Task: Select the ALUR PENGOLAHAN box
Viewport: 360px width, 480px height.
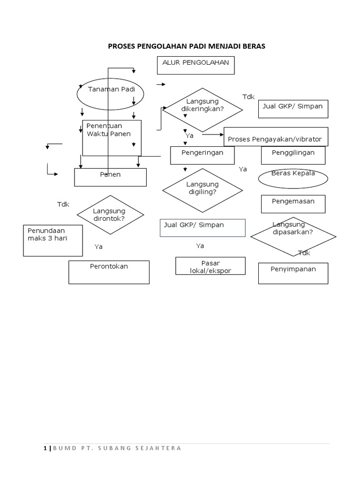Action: [195, 65]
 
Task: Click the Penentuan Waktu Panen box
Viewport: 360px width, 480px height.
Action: [112, 138]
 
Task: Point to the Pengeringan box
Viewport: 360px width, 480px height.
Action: [202, 155]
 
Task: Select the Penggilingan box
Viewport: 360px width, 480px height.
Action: [293, 155]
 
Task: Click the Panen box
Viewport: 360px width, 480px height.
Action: [111, 177]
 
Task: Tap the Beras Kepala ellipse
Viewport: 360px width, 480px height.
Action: [293, 178]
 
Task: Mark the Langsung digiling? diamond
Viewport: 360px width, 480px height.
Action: [202, 190]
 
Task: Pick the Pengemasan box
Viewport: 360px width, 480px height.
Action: [293, 204]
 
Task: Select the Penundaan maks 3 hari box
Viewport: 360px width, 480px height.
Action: [53, 240]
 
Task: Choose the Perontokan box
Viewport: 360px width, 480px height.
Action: [109, 272]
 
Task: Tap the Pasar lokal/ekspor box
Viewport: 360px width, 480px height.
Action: [210, 266]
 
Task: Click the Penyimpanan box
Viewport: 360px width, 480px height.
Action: [293, 273]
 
